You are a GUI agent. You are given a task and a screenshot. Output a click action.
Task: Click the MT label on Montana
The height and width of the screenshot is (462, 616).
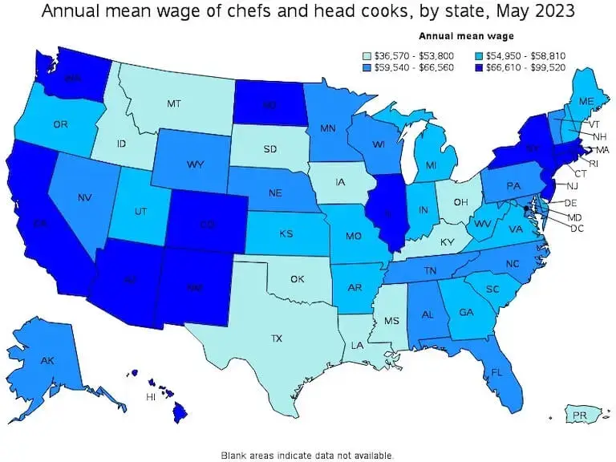pos(173,103)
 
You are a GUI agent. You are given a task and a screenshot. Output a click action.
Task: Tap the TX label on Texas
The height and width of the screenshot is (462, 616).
pos(276,338)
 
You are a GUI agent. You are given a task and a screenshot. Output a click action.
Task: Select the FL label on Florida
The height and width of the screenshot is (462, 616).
pos(496,372)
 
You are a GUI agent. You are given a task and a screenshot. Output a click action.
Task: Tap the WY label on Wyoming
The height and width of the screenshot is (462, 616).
pos(195,164)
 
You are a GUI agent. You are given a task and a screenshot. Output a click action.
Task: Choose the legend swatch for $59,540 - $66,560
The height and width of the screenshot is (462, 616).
pos(366,68)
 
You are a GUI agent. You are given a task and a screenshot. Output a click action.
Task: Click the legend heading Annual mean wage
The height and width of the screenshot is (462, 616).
pos(466,36)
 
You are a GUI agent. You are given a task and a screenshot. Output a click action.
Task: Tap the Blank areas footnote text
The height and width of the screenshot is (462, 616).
pos(307,455)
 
